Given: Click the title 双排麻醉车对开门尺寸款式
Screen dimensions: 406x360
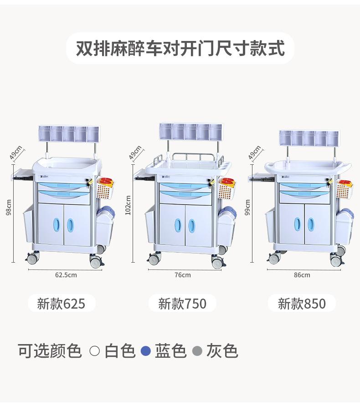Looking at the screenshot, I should click(180, 48).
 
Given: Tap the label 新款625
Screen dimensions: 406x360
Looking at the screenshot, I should click(61, 304).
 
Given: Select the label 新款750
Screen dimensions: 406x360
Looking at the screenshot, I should click(182, 304).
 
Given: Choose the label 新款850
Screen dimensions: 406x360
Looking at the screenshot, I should click(302, 304).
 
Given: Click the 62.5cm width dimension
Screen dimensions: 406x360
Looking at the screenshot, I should click(66, 275).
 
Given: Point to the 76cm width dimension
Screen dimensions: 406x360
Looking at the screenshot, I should click(182, 275).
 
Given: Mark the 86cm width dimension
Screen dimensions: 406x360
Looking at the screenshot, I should click(302, 275).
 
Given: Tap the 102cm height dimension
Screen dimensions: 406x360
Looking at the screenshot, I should click(129, 205).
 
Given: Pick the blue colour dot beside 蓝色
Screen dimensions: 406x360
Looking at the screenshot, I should click(145, 351).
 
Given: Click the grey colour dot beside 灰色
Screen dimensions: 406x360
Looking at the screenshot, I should click(197, 351).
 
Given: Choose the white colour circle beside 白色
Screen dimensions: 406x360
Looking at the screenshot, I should click(95, 351).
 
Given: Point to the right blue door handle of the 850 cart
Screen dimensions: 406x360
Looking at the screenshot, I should click(311, 224).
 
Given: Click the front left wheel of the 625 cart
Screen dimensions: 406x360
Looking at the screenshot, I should click(33, 259).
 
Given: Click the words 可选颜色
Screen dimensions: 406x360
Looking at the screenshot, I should click(50, 351).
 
